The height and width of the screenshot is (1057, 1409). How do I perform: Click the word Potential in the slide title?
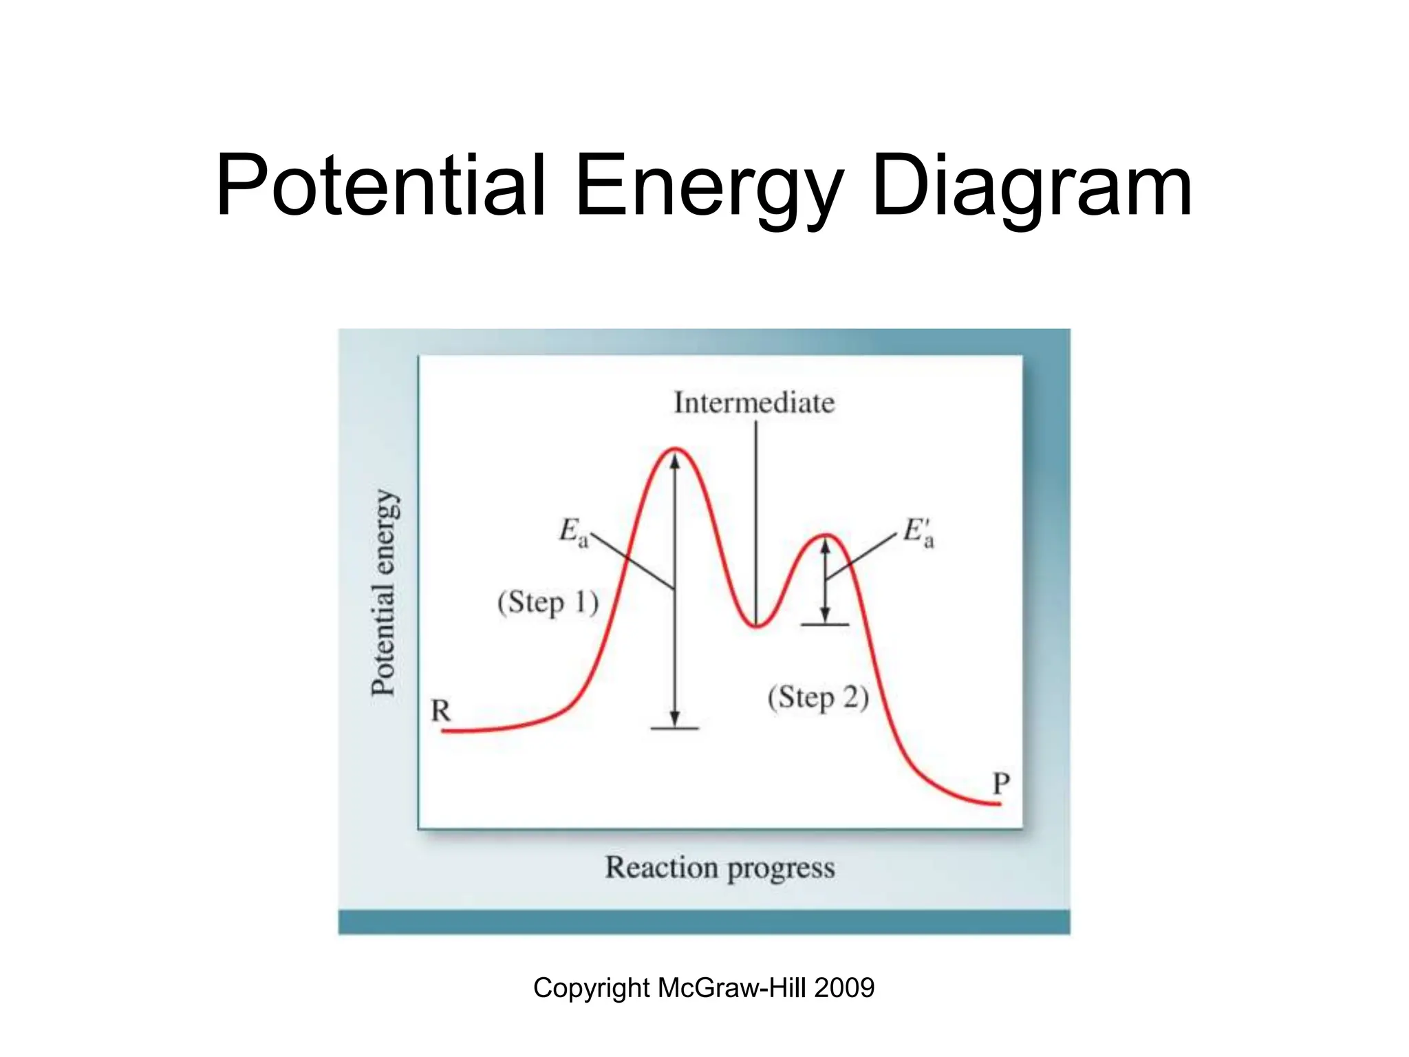(x=380, y=186)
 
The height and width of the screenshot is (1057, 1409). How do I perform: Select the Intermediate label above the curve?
(x=754, y=403)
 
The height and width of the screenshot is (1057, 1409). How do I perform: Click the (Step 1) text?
(x=548, y=603)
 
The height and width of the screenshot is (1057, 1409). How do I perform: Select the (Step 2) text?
(x=818, y=698)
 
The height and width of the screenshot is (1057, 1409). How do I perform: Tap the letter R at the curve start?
(x=440, y=710)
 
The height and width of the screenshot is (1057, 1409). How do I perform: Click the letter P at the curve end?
(x=1001, y=783)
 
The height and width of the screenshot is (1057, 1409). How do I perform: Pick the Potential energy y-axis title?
(x=384, y=592)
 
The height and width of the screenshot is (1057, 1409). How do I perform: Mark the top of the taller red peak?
(x=675, y=449)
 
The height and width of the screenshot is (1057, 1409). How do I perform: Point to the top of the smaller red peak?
(x=826, y=535)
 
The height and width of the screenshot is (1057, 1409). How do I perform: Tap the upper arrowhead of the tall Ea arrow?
(x=675, y=461)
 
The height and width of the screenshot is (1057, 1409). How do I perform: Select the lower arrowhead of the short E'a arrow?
(x=826, y=615)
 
